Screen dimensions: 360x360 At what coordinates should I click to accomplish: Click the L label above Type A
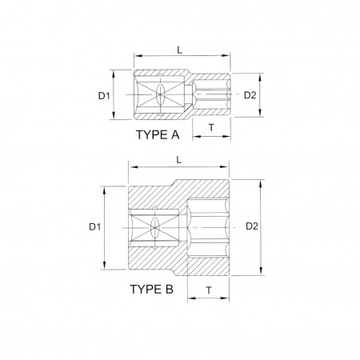click(x=180, y=50)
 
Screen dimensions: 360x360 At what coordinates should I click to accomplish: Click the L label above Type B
click(x=179, y=160)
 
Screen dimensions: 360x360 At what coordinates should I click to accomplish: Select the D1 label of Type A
click(x=104, y=95)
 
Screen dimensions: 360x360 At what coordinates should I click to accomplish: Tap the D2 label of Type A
click(x=250, y=95)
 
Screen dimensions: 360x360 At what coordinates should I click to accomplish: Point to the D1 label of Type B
click(x=95, y=226)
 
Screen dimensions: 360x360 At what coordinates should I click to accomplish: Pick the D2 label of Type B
click(x=252, y=226)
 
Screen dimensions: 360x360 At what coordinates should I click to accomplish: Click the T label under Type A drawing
click(x=211, y=128)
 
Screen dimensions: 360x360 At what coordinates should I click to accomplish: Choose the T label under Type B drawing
click(x=209, y=290)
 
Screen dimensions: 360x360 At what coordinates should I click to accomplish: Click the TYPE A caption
click(x=158, y=135)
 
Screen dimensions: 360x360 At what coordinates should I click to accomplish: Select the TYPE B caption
click(x=152, y=289)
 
